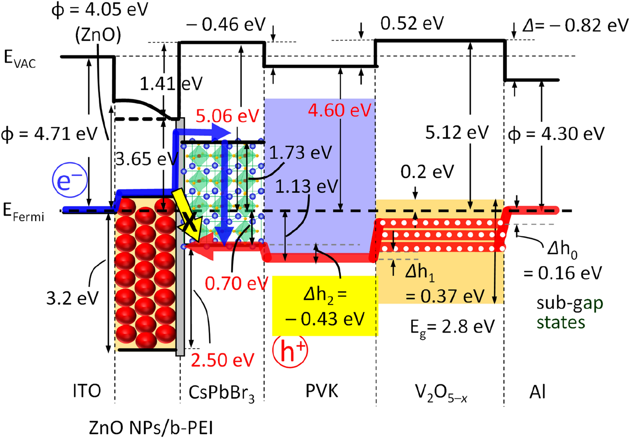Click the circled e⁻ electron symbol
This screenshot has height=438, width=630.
70,180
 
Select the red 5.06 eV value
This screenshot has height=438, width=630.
227,116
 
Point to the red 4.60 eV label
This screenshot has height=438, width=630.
339,111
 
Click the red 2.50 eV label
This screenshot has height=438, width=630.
222,360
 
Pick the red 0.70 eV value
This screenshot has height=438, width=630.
236,284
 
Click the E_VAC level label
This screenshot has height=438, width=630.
19,59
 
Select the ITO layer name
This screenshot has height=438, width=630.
87,391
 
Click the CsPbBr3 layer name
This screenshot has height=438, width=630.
221,392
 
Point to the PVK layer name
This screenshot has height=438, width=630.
322,391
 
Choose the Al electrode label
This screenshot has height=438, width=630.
537,392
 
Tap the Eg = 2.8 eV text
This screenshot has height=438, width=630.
452,327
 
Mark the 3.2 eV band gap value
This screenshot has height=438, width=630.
72,298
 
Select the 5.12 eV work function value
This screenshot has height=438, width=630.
457,132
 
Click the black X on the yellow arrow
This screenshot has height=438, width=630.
189,221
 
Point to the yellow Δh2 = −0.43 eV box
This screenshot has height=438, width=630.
325,306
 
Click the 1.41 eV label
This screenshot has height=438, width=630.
171,84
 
